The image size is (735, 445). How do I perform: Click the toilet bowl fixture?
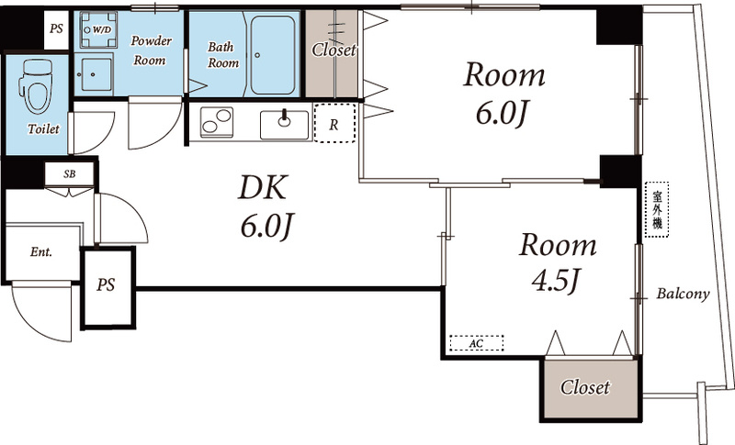(x=35, y=85)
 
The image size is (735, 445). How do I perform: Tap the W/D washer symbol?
(x=98, y=30)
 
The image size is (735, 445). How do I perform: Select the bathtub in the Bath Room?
(x=273, y=55)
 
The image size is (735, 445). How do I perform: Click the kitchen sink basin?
(x=284, y=125)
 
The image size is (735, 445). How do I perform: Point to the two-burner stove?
(x=217, y=122)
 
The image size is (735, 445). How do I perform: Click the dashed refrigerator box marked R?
(x=334, y=123)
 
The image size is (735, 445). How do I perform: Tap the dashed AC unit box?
(x=476, y=343)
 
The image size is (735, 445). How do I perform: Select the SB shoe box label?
(x=70, y=174)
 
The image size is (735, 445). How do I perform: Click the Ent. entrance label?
(x=41, y=252)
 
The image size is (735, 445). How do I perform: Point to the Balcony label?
(x=683, y=294)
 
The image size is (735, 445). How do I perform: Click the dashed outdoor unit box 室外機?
(x=657, y=209)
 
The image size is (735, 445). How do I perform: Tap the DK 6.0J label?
(x=266, y=206)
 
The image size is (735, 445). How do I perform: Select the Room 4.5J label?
(x=557, y=262)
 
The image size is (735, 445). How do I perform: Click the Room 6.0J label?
(x=503, y=95)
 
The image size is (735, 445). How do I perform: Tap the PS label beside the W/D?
(x=56, y=29)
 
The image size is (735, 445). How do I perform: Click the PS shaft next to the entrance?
(x=107, y=287)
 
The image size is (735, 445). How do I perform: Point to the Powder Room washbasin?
(x=94, y=74)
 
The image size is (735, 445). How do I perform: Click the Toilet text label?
(x=43, y=129)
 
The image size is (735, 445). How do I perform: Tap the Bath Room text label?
(x=223, y=55)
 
